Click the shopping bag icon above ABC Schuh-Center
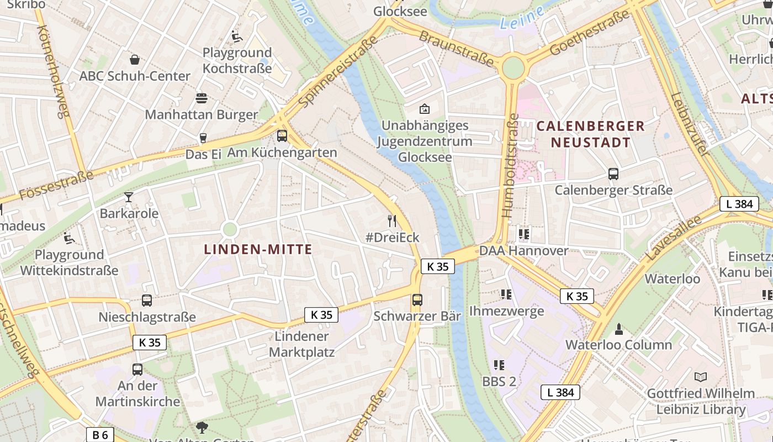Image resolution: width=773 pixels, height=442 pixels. pyautogui.click(x=134, y=59)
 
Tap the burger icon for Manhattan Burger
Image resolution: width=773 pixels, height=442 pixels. pyautogui.click(x=202, y=98)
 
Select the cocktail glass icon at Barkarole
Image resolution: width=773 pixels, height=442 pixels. pyautogui.click(x=129, y=197)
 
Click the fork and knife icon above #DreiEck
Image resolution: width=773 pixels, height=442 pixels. pyautogui.click(x=393, y=221)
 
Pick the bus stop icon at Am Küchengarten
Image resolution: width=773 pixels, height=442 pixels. pyautogui.click(x=282, y=136)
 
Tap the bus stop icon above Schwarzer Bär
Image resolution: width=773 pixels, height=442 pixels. pyautogui.click(x=417, y=300)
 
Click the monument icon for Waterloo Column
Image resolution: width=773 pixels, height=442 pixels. pyautogui.click(x=619, y=329)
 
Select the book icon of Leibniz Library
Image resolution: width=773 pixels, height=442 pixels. pyautogui.click(x=701, y=377)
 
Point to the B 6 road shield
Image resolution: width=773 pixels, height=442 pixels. pyautogui.click(x=100, y=434)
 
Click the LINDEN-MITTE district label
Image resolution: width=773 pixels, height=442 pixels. pyautogui.click(x=258, y=249)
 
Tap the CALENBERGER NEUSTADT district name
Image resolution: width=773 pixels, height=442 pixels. pyautogui.click(x=590, y=134)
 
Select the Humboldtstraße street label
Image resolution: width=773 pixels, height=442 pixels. pyautogui.click(x=510, y=166)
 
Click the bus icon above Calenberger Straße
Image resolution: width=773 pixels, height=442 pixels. pyautogui.click(x=613, y=174)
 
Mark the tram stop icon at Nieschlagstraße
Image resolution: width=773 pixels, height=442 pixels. pyautogui.click(x=147, y=301)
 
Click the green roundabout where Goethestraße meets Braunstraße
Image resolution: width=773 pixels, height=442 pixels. pyautogui.click(x=513, y=68)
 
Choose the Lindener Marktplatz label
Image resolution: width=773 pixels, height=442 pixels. pyautogui.click(x=301, y=344)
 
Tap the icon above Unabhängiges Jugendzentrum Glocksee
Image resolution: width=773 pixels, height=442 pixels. pyautogui.click(x=425, y=109)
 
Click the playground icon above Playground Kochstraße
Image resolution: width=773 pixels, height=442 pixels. pyautogui.click(x=237, y=36)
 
